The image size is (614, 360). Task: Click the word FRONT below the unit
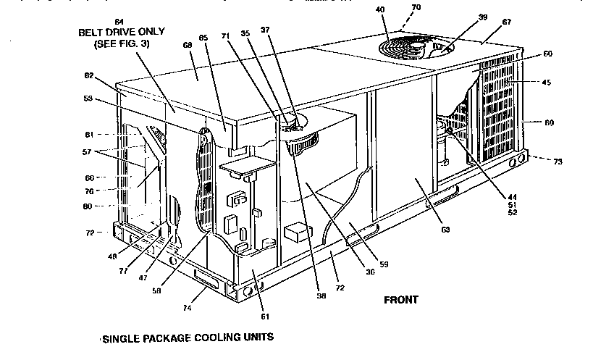(400, 299)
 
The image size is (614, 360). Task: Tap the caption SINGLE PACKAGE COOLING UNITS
(189, 338)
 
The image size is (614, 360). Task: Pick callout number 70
(416, 9)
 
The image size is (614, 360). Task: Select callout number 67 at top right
(487, 22)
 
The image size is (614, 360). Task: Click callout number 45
(547, 82)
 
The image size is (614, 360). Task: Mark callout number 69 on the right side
(549, 123)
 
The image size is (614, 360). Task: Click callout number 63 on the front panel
(445, 230)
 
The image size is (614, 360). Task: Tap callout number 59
(383, 264)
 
